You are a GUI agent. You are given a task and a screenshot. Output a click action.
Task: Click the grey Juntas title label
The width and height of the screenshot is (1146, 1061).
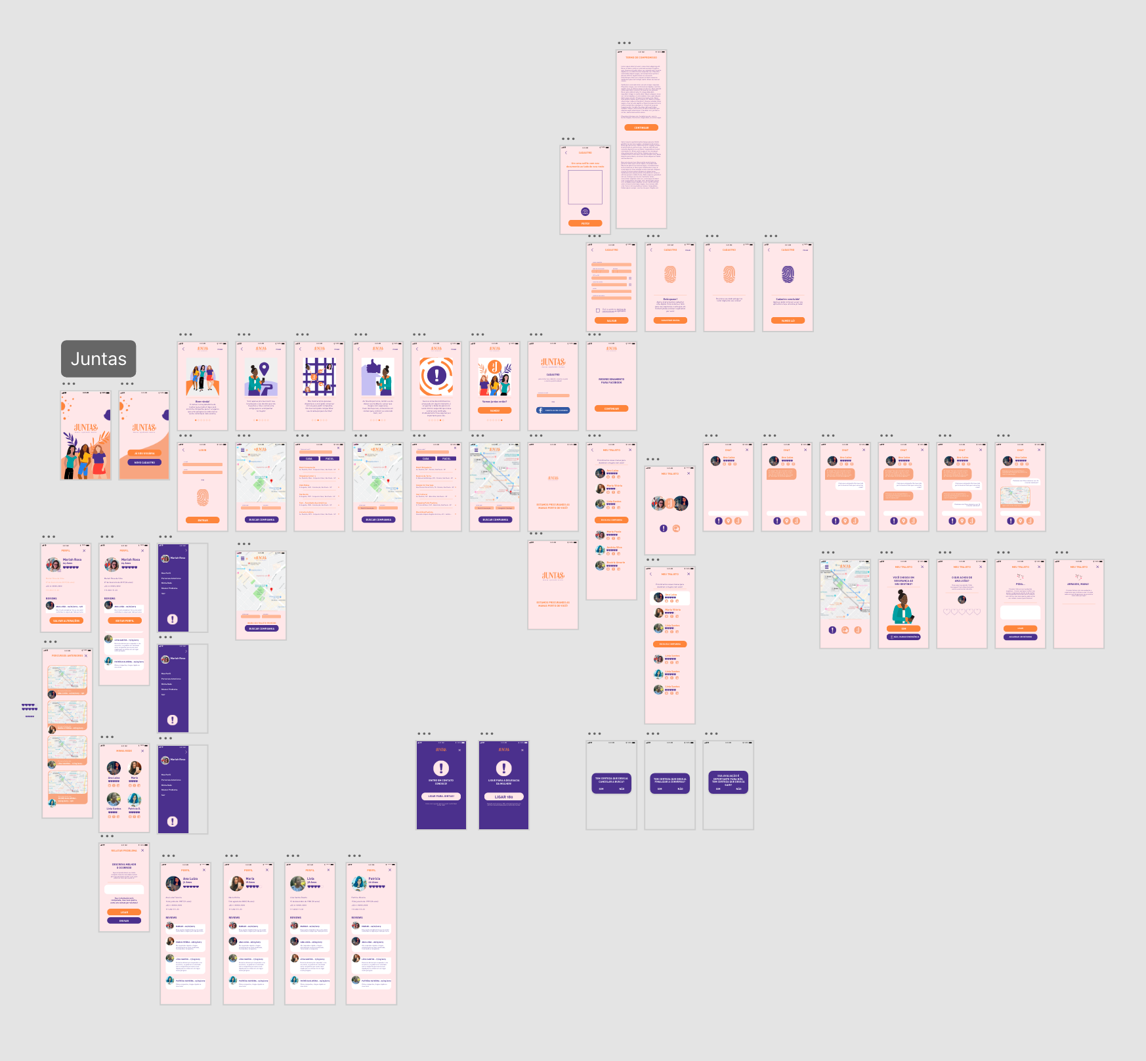coord(98,358)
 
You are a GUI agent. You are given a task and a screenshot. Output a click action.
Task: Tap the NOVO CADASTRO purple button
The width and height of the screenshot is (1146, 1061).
coord(144,462)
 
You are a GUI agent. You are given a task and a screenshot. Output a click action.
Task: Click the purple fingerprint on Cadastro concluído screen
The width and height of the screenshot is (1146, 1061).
coord(788,274)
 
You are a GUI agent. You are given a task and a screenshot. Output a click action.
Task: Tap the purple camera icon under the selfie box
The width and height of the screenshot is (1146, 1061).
coord(585,212)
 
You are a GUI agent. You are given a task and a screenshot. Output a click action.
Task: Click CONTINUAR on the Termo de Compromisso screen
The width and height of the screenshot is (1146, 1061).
coord(641,127)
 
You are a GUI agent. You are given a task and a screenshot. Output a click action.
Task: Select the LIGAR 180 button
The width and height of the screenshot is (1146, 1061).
coord(503,796)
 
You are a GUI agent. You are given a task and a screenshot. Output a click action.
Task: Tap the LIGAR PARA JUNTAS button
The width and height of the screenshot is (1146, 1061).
coord(441,796)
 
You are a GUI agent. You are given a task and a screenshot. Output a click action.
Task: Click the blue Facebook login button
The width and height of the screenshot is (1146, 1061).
coord(553,410)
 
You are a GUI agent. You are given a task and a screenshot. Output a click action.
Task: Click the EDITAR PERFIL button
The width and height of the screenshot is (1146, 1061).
coord(125,620)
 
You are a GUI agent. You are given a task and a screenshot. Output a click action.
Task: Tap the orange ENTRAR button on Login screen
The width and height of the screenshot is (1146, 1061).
coord(203,520)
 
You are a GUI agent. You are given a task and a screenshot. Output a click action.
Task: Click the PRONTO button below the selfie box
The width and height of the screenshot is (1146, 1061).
coord(585,223)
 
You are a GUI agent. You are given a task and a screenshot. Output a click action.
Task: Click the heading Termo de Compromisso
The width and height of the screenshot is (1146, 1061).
coord(641,58)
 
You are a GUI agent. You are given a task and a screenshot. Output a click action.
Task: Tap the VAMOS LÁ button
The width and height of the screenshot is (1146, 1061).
coord(788,320)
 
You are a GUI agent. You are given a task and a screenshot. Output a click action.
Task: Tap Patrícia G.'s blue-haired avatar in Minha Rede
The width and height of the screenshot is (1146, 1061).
coord(135,799)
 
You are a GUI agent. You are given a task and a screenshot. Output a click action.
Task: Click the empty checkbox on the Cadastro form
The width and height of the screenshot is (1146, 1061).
coord(597,310)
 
